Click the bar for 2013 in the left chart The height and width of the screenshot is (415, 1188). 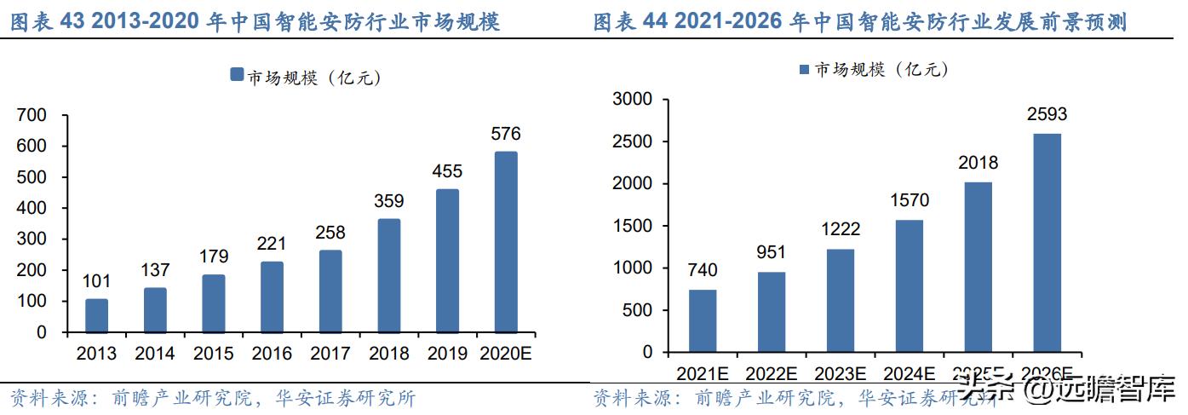96,315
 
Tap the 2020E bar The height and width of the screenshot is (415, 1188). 505,242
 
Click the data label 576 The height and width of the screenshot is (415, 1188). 505,134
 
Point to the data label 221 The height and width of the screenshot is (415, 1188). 272,244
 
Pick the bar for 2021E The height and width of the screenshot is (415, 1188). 703,320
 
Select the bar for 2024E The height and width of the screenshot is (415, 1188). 910,285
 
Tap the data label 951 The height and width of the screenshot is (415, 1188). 772,253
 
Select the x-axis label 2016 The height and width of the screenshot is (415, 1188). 272,354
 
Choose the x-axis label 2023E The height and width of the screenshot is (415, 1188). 841,373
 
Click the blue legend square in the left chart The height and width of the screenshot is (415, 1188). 237,76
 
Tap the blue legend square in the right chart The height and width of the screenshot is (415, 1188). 803,69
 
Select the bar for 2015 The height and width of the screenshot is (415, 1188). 213,303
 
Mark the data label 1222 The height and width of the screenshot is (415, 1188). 841,230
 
